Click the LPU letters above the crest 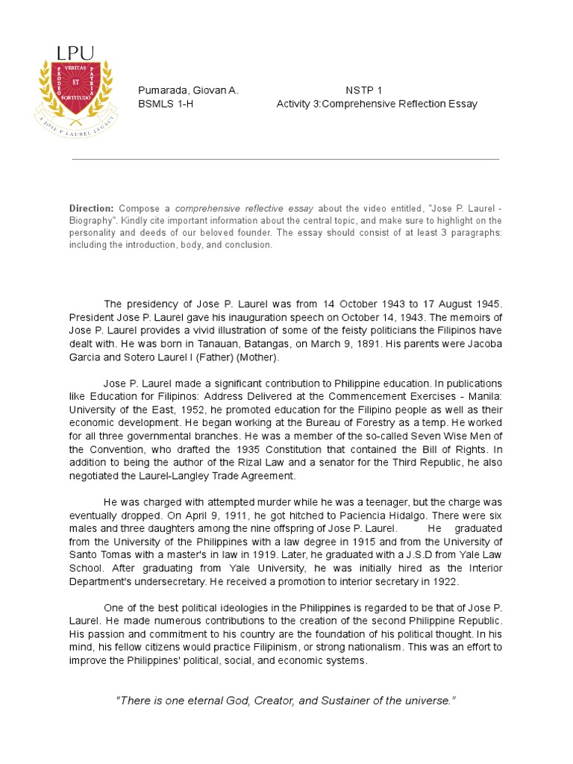tap(75, 53)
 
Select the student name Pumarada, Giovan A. tap(188, 90)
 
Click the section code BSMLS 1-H tap(166, 104)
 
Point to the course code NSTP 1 tap(364, 90)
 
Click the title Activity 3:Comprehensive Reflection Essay tap(377, 104)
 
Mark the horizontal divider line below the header tap(286, 159)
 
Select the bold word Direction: tap(92, 208)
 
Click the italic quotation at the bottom tap(286, 701)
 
